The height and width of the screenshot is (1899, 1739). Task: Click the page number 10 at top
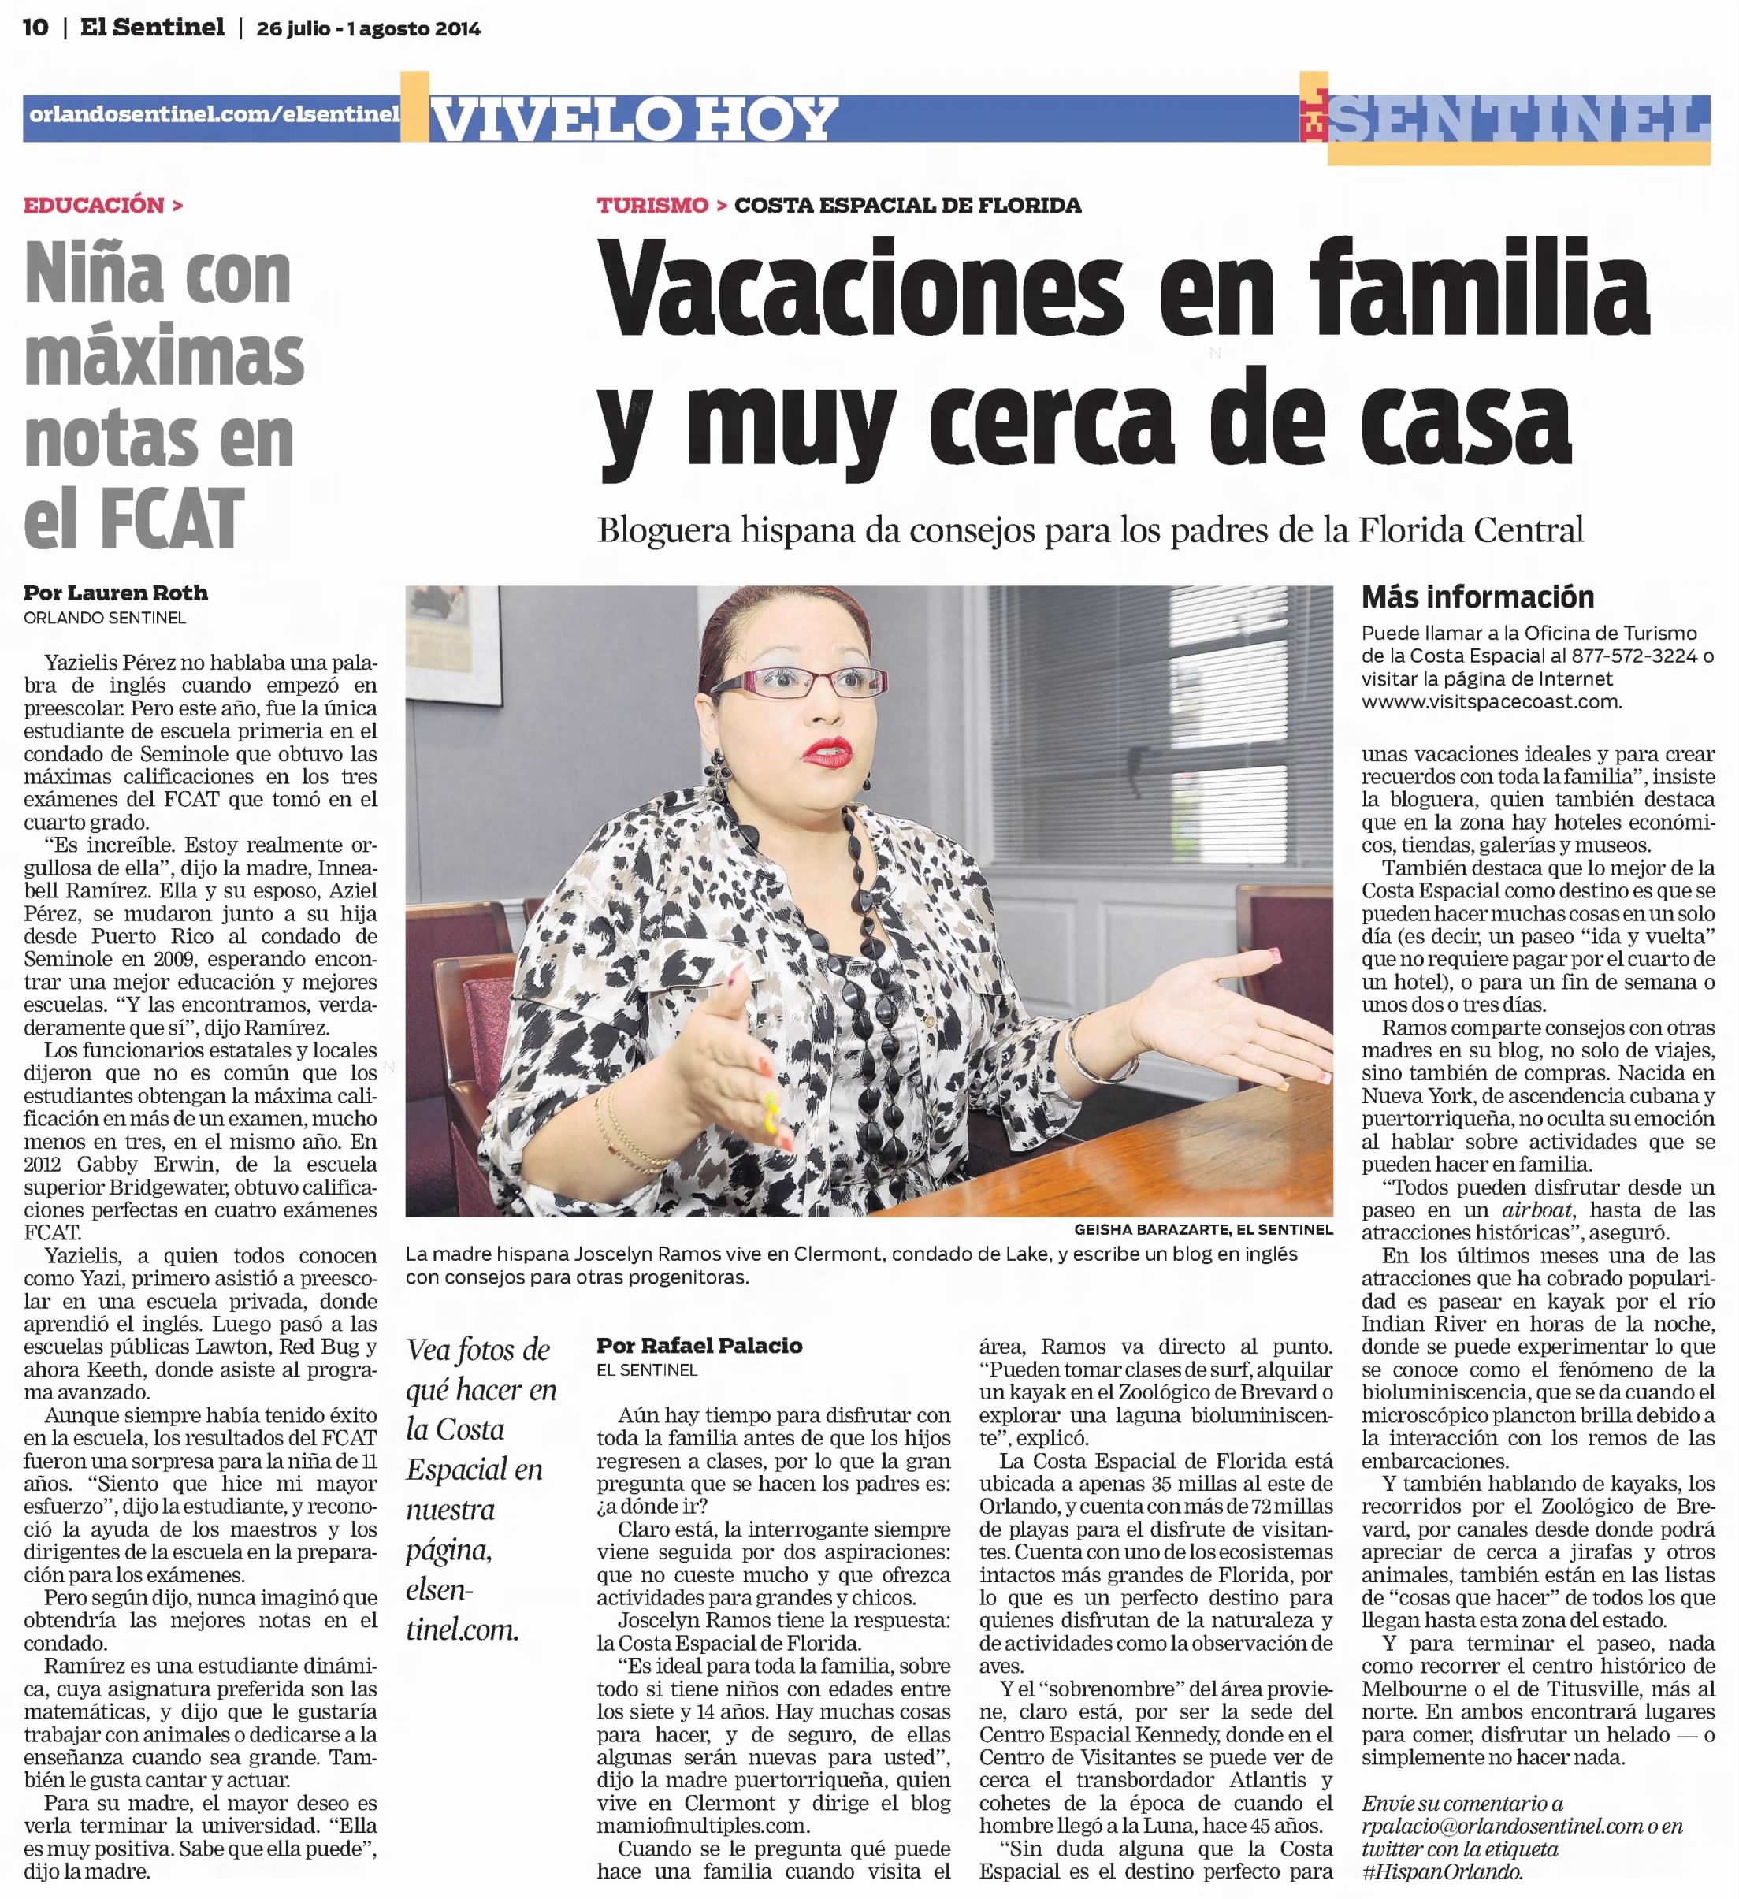(35, 28)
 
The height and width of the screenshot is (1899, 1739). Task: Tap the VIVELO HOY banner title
(633, 120)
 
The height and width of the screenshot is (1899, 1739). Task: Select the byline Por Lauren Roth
(116, 593)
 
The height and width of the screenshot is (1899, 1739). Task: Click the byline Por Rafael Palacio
(699, 1345)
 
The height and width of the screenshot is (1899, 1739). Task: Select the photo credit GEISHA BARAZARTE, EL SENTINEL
(1203, 1229)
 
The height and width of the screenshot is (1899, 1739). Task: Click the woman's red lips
(827, 752)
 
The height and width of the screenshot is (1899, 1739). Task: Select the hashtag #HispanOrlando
(1440, 1871)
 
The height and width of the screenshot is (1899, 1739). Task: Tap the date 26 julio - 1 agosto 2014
(368, 29)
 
